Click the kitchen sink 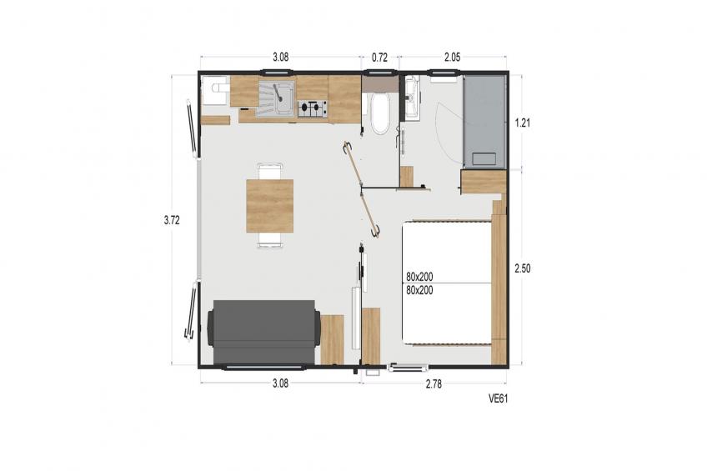pyautogui.click(x=275, y=99)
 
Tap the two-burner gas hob pyautogui.click(x=313, y=108)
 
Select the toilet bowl pyautogui.click(x=380, y=113)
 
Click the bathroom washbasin pyautogui.click(x=412, y=98)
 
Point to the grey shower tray pyautogui.click(x=484, y=122)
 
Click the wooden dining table pyautogui.click(x=269, y=206)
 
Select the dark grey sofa pyautogui.click(x=263, y=332)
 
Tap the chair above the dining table pyautogui.click(x=269, y=171)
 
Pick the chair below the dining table pyautogui.click(x=269, y=240)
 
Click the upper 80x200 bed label pyautogui.click(x=419, y=277)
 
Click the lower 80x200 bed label pyautogui.click(x=419, y=290)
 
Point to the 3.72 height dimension pyautogui.click(x=172, y=220)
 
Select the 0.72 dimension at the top pyautogui.click(x=379, y=58)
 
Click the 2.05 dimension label pyautogui.click(x=452, y=58)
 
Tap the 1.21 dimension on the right pyautogui.click(x=523, y=123)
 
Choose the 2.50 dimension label pyautogui.click(x=523, y=268)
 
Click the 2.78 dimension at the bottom pyautogui.click(x=434, y=384)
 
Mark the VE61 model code pyautogui.click(x=499, y=398)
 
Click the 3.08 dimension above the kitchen pyautogui.click(x=280, y=58)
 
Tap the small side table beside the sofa pyautogui.click(x=333, y=340)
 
